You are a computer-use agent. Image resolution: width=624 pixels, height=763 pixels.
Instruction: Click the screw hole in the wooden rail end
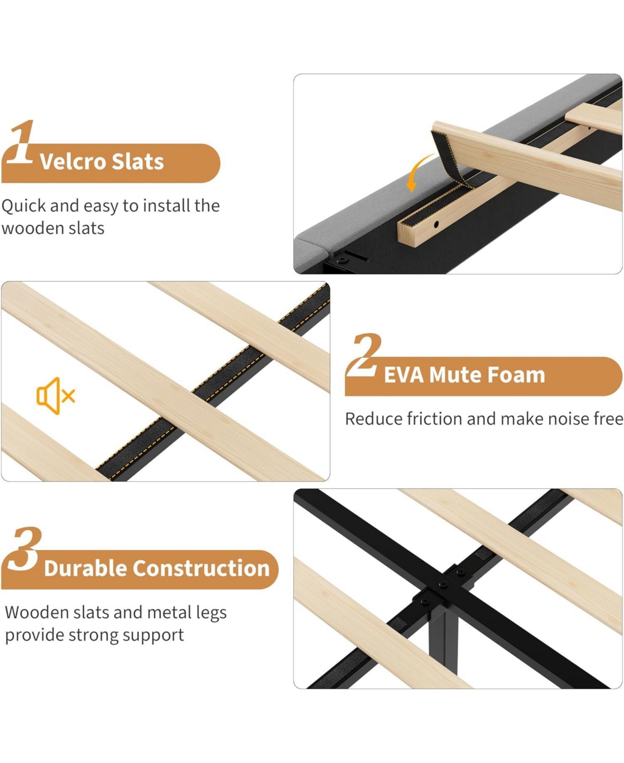pyautogui.click(x=436, y=224)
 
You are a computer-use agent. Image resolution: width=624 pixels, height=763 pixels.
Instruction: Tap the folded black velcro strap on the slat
pyautogui.click(x=448, y=159)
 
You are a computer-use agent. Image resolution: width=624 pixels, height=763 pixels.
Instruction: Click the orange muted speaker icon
pyautogui.click(x=55, y=396)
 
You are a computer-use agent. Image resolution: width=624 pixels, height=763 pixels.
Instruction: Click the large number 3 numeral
pyautogui.click(x=24, y=549)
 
